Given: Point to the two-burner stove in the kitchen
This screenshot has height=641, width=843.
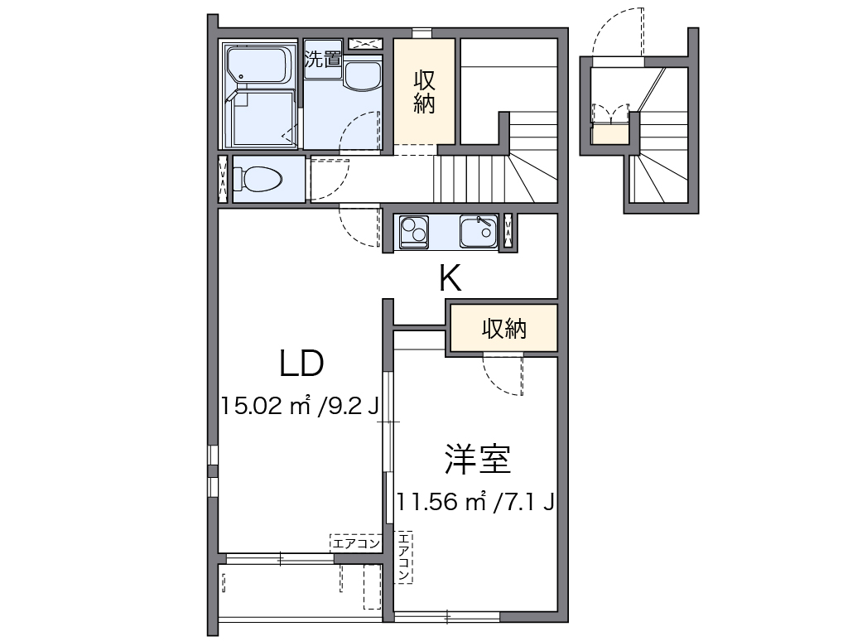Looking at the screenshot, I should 413,231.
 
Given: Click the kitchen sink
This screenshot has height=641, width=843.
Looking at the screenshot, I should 479,231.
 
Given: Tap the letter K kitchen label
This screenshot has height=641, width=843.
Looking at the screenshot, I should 450,279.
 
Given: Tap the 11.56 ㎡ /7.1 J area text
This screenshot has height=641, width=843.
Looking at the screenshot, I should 474,501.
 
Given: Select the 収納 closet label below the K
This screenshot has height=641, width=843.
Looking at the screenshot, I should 504,329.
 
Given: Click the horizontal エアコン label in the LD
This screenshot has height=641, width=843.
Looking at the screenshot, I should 356,543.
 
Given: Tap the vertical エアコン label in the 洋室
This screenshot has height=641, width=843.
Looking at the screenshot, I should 403,556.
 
